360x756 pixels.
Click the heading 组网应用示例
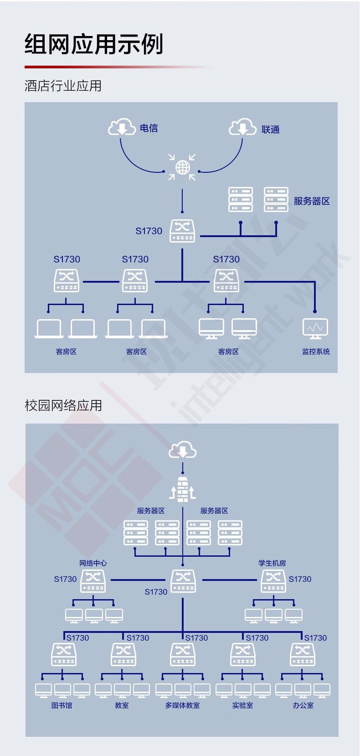coord(94,44)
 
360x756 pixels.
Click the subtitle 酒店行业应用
coord(63,86)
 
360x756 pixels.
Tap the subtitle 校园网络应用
coord(63,405)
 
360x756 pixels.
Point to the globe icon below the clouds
coord(182,167)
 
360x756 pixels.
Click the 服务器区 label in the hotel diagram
coord(311,201)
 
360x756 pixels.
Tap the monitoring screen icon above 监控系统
coord(315,328)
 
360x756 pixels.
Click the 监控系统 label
coord(316,352)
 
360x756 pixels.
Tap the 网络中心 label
coord(93,563)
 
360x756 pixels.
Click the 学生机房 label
coord(272,563)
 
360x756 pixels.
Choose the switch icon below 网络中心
coord(93,581)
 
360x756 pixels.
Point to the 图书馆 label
coord(62,705)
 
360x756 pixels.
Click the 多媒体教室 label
coord(183,705)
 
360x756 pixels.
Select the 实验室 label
coord(242,705)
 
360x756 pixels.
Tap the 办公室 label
coord(303,705)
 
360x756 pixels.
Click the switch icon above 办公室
coord(303,654)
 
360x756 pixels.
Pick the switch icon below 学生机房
coord(273,581)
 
